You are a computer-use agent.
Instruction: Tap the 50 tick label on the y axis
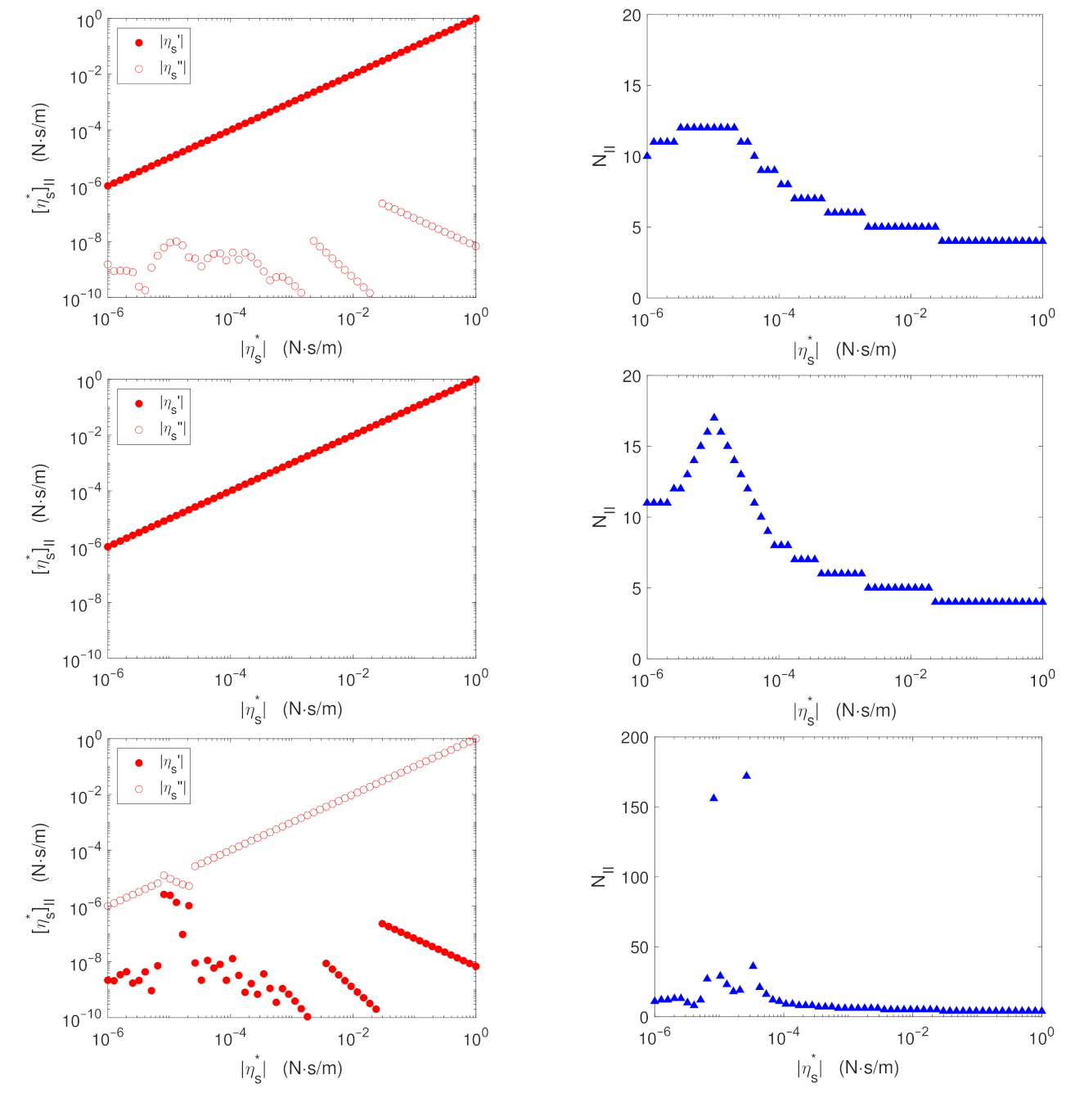pyautogui.click(x=632, y=947)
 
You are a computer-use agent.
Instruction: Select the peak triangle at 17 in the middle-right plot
pyautogui.click(x=714, y=417)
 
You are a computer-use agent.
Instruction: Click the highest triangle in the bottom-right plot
pyautogui.click(x=746, y=776)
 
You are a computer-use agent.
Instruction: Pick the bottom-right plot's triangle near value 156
pyautogui.click(x=713, y=798)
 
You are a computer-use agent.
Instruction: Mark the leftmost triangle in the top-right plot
pyautogui.click(x=647, y=155)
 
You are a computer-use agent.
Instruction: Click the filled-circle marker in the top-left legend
pyautogui.click(x=138, y=43)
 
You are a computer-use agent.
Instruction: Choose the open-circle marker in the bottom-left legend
pyautogui.click(x=138, y=789)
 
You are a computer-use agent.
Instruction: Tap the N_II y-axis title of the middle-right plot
pyautogui.click(x=601, y=516)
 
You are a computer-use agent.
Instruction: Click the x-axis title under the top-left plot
pyautogui.click(x=291, y=349)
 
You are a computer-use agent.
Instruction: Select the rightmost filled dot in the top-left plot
pyautogui.click(x=476, y=18)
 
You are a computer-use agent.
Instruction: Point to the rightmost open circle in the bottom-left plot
pyautogui.click(x=476, y=739)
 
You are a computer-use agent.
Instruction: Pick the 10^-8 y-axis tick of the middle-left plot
pyautogui.click(x=84, y=604)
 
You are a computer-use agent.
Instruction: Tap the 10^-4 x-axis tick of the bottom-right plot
pyautogui.click(x=784, y=1038)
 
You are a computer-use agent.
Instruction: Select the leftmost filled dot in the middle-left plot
pyautogui.click(x=107, y=546)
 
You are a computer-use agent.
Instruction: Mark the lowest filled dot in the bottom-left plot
pyautogui.click(x=307, y=1016)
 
